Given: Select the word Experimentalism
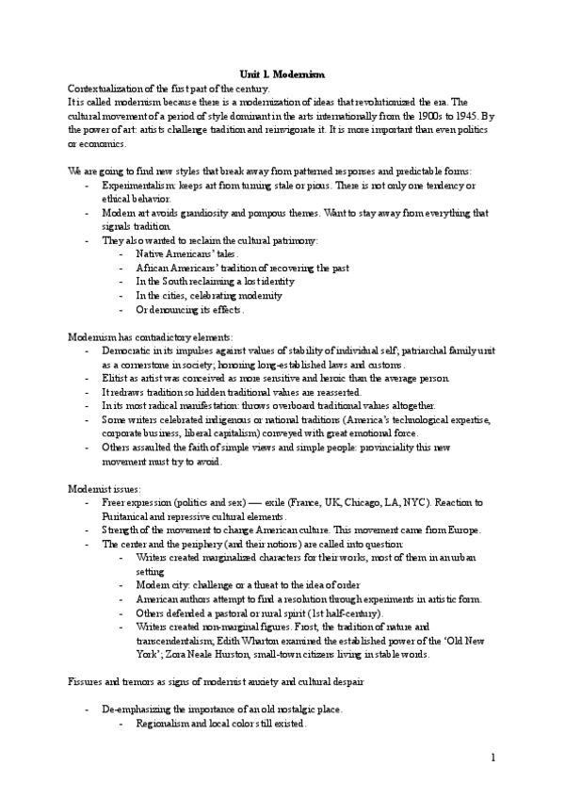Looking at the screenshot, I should tap(137, 188).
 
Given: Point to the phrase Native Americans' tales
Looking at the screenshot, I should tap(187, 254).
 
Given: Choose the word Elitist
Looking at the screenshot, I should tap(114, 378).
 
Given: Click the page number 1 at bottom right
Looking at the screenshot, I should tap(493, 758).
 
